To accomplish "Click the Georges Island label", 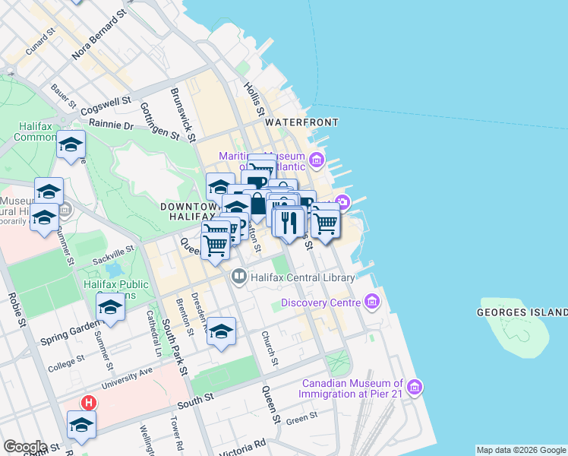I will (x=522, y=312).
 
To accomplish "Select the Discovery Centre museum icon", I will (x=371, y=303).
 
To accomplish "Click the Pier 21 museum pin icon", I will (x=415, y=388).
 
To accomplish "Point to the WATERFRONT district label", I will (x=301, y=122).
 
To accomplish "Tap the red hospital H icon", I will (x=90, y=403).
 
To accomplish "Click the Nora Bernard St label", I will (x=99, y=36).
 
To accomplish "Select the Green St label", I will (x=301, y=418).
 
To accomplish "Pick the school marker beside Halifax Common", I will (x=71, y=144).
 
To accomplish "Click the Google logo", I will (x=25, y=446).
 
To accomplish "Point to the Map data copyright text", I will (x=521, y=450).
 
